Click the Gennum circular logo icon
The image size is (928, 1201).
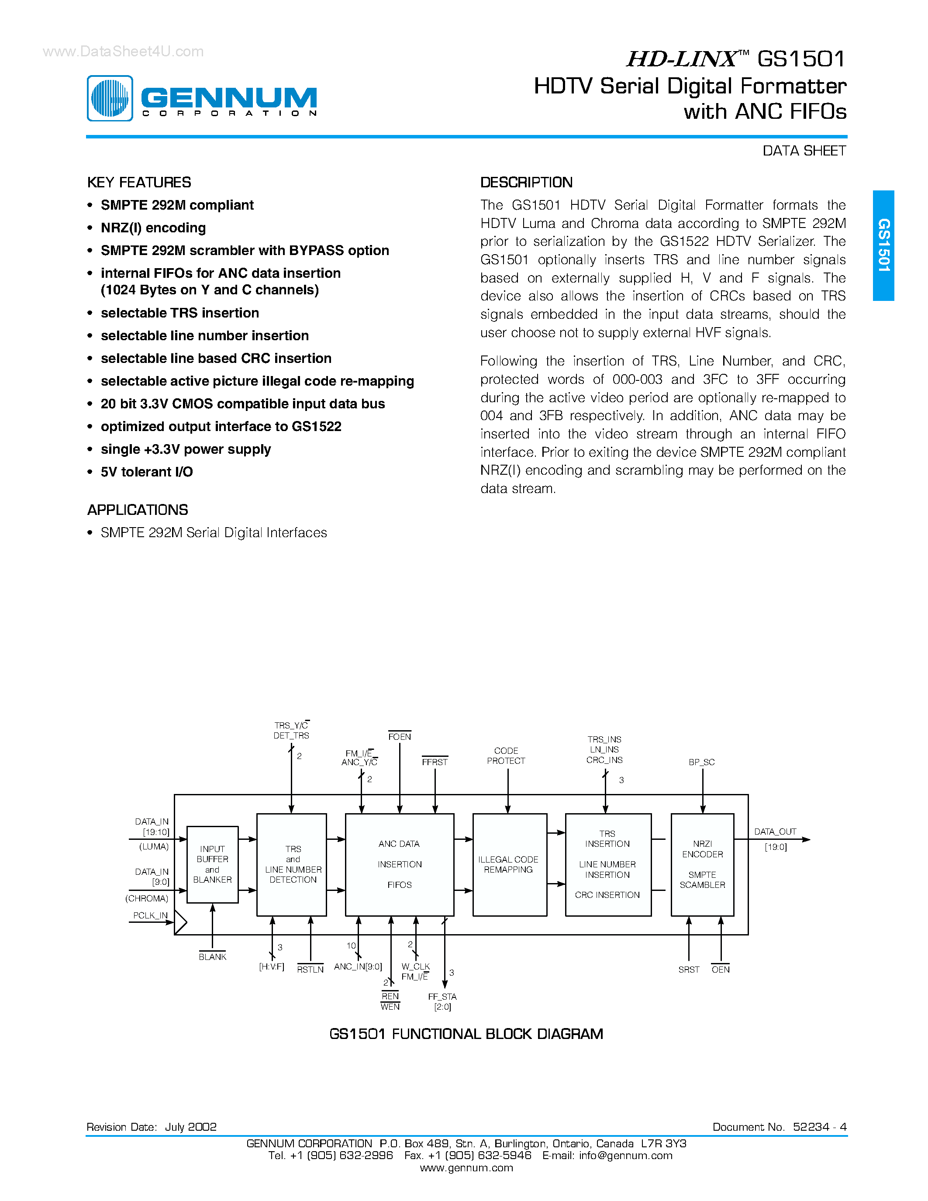[110, 98]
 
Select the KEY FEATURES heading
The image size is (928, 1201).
[139, 183]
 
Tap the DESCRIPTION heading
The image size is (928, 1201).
[526, 183]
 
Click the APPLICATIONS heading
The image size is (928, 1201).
[138, 510]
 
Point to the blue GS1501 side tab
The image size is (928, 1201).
[883, 245]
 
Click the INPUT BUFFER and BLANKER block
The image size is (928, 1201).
[212, 864]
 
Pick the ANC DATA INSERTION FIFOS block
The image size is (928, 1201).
[399, 864]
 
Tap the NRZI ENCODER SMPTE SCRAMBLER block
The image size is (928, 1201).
[702, 864]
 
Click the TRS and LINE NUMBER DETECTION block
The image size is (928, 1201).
[292, 864]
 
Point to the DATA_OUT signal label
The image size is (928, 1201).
[775, 832]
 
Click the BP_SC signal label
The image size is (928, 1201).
[701, 762]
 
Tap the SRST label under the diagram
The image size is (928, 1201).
[688, 970]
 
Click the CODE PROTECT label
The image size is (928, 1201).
[506, 756]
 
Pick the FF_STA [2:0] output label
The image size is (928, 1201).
[442, 1001]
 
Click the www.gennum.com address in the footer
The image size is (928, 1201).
[466, 1167]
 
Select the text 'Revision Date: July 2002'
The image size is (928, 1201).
[152, 1127]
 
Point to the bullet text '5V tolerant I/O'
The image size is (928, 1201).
[147, 472]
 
